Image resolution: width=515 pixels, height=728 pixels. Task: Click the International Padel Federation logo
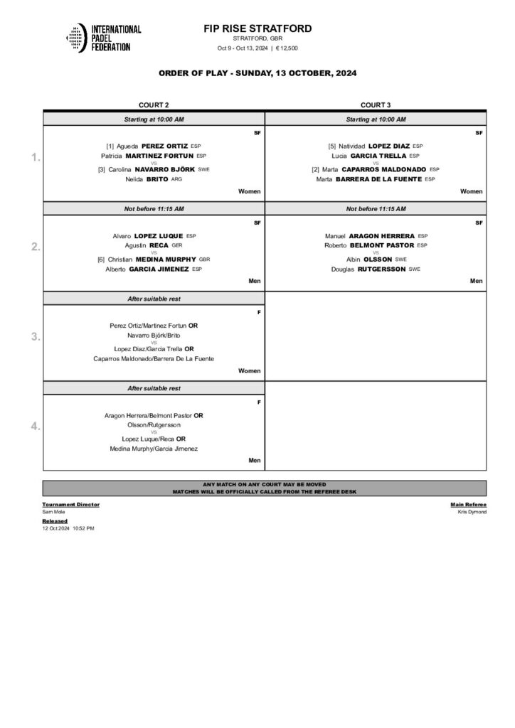click(103, 38)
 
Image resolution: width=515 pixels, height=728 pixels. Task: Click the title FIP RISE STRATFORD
click(257, 28)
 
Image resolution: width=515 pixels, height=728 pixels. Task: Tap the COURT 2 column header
click(154, 105)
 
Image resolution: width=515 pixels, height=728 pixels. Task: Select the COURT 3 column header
click(376, 105)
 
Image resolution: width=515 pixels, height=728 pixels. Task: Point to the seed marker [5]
click(332, 146)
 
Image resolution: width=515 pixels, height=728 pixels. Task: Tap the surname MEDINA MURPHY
click(166, 259)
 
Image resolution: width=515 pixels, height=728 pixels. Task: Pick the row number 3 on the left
click(36, 337)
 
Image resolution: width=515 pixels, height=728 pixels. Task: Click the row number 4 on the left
click(36, 427)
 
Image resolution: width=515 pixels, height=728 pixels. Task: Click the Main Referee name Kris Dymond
click(472, 512)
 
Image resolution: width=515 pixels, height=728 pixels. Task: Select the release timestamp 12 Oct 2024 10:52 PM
click(68, 528)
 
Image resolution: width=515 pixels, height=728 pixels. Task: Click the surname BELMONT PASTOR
click(385, 245)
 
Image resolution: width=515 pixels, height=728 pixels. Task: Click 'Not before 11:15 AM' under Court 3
click(376, 209)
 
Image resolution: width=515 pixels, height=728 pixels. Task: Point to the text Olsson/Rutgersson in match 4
click(154, 424)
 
